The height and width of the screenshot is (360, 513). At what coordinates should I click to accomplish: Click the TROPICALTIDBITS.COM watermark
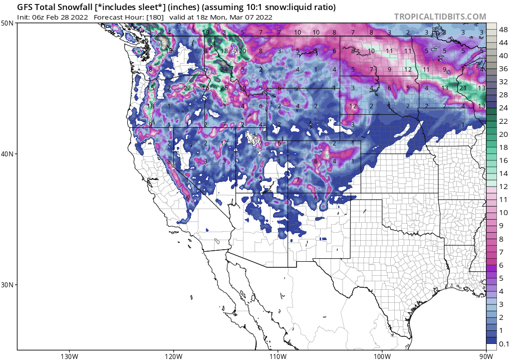[440, 17]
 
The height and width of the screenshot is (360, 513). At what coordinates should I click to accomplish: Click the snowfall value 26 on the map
[224, 89]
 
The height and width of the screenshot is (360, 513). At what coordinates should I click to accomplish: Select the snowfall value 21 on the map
[463, 89]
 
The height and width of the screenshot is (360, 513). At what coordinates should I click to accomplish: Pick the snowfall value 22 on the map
[187, 89]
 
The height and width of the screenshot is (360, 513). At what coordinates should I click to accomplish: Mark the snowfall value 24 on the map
[224, 69]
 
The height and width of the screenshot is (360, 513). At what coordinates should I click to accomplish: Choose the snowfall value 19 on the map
[205, 33]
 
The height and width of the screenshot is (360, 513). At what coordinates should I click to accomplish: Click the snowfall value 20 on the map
[242, 51]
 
